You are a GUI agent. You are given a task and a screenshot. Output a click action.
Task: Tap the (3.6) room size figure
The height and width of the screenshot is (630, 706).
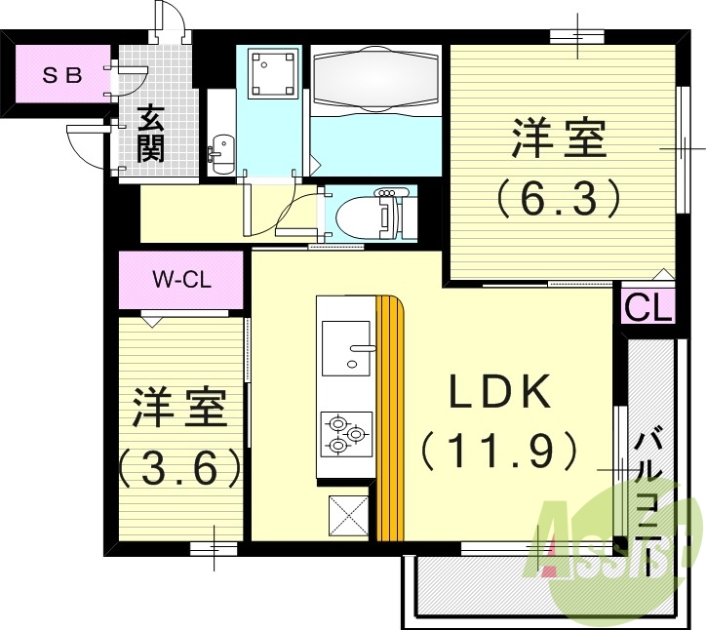tap(181, 467)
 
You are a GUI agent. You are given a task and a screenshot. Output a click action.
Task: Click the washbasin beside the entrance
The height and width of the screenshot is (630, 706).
tap(220, 152)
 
